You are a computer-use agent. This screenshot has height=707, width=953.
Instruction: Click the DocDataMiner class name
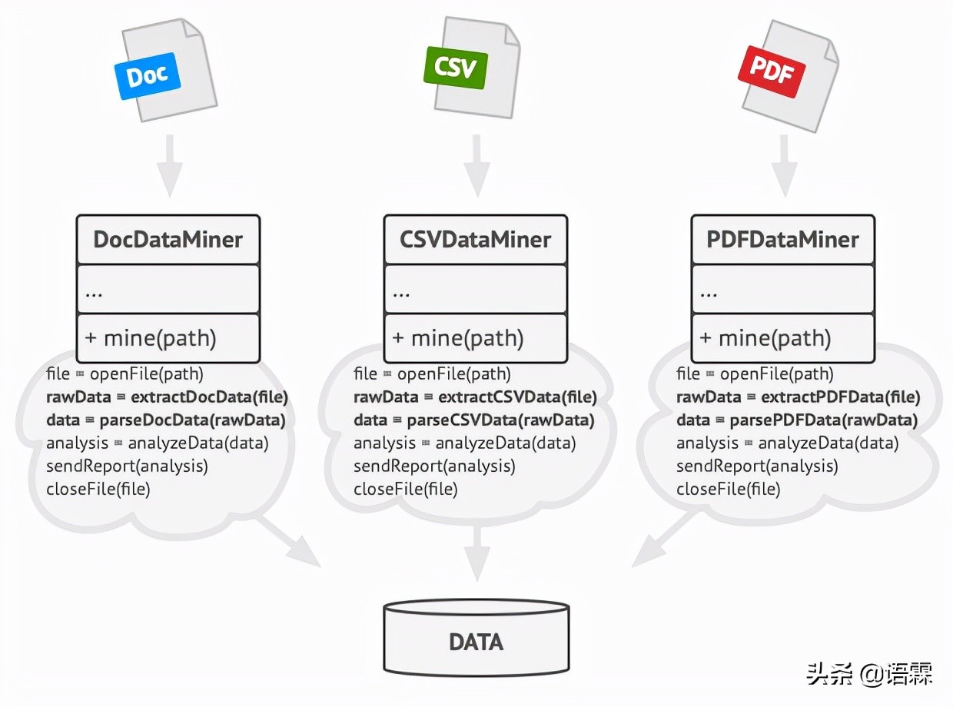168,239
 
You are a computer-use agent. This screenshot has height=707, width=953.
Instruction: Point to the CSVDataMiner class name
475,239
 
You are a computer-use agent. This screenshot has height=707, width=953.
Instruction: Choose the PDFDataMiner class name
782,239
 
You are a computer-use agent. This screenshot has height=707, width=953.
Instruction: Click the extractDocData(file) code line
167,397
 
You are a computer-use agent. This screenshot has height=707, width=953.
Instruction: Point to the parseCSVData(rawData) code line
473,420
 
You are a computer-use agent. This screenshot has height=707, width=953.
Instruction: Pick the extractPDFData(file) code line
798,397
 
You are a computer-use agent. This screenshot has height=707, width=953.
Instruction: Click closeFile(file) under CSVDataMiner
405,489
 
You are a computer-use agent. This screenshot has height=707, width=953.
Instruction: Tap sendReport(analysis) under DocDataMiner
127,466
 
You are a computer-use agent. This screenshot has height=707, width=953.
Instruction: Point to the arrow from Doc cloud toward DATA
291,541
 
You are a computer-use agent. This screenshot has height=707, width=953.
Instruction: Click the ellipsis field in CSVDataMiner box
475,290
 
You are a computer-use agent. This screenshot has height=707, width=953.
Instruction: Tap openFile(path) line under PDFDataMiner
754,374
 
